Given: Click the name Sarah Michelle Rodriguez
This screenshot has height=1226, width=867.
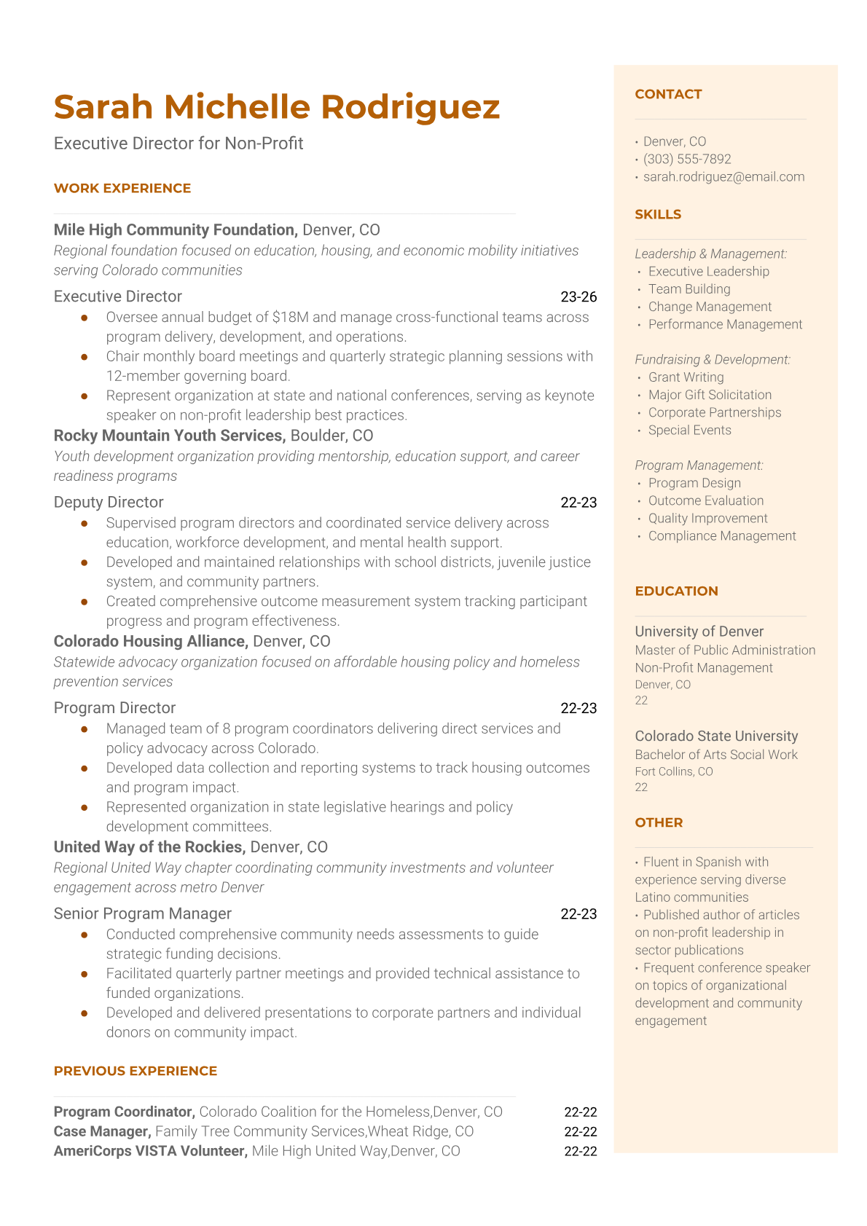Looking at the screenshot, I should coord(276,107).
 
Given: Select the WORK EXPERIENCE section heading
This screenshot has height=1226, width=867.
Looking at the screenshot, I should coord(122,188).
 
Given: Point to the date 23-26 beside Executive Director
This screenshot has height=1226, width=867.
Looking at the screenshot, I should coord(578,296).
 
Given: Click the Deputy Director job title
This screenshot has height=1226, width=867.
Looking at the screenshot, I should coord(109,502).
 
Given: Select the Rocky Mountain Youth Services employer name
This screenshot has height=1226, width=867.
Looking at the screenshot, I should coord(168,436).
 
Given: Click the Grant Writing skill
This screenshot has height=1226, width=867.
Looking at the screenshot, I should coord(686,377).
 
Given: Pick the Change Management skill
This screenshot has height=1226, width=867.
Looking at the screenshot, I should coord(710,307).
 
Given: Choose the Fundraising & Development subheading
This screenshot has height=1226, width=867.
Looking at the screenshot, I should coord(712,360).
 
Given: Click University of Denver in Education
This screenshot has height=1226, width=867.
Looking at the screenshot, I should coord(699,632).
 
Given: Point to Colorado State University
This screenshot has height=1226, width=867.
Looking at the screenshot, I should coord(716,736).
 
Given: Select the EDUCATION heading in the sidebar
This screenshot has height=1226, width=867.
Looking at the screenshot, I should coord(676,591).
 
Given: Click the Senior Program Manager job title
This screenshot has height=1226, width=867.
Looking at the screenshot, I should coord(142,913).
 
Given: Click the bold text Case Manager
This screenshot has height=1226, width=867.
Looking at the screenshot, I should coord(102,1131).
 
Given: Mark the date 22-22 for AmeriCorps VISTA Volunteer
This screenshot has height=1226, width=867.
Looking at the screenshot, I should coord(580,1151).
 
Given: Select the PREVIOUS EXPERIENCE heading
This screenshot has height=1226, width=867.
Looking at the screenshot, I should coord(136,1071).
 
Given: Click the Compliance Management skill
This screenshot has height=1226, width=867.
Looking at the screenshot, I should coord(722,536).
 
